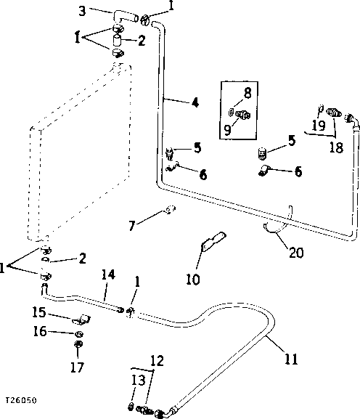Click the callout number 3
(x=82, y=11)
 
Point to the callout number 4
(x=195, y=102)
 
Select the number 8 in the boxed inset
(x=247, y=92)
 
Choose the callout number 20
(x=295, y=253)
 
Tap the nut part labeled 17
(x=79, y=343)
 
